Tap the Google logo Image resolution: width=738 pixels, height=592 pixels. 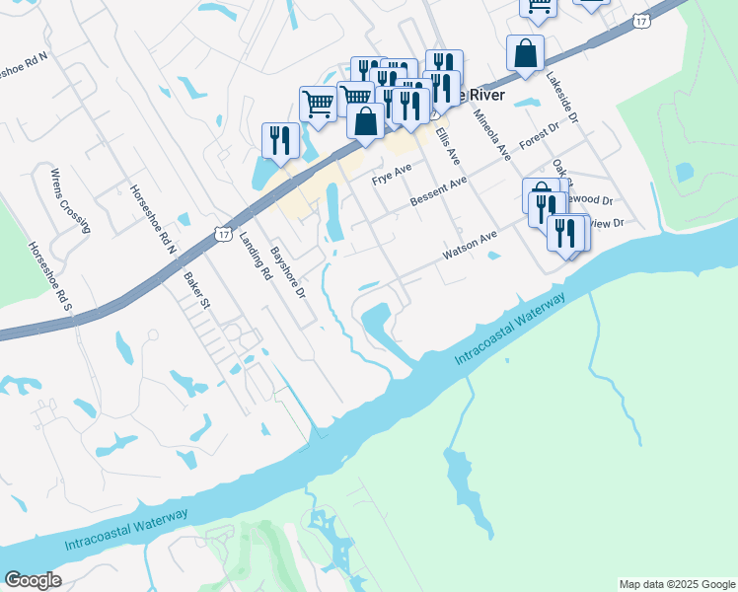34,580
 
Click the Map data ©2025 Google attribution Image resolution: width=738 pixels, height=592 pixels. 677,584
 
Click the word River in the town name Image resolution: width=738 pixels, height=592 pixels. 483,95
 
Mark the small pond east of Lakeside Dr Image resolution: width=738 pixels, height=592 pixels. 684,171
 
